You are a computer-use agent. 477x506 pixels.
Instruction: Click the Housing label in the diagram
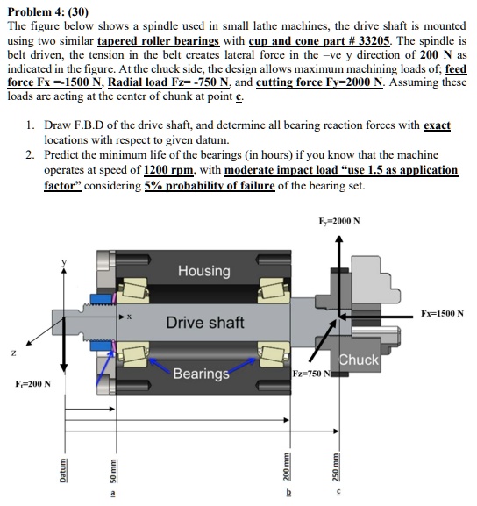[204, 271]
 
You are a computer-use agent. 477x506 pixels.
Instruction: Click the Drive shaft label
[205, 323]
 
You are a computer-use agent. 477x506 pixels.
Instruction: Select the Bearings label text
[201, 374]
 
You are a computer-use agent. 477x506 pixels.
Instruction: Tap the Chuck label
[359, 360]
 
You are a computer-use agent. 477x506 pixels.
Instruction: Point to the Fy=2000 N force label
[339, 221]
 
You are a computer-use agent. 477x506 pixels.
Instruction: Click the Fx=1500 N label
[442, 313]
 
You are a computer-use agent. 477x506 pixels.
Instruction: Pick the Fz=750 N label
[311, 374]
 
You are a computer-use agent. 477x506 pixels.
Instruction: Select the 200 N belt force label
[33, 384]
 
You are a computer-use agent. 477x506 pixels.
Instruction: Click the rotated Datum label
[63, 471]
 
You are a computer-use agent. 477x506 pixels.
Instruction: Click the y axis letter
[64, 261]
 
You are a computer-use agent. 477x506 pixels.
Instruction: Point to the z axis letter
[13, 353]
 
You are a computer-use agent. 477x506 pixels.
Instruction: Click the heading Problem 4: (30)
[47, 12]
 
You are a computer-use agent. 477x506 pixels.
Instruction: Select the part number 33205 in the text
[374, 40]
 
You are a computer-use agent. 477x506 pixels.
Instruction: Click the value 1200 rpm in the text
[168, 169]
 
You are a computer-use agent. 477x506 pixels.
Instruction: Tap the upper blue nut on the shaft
[101, 299]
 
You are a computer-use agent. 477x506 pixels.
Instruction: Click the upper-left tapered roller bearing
[132, 290]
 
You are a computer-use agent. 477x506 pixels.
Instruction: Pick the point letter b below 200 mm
[288, 493]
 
